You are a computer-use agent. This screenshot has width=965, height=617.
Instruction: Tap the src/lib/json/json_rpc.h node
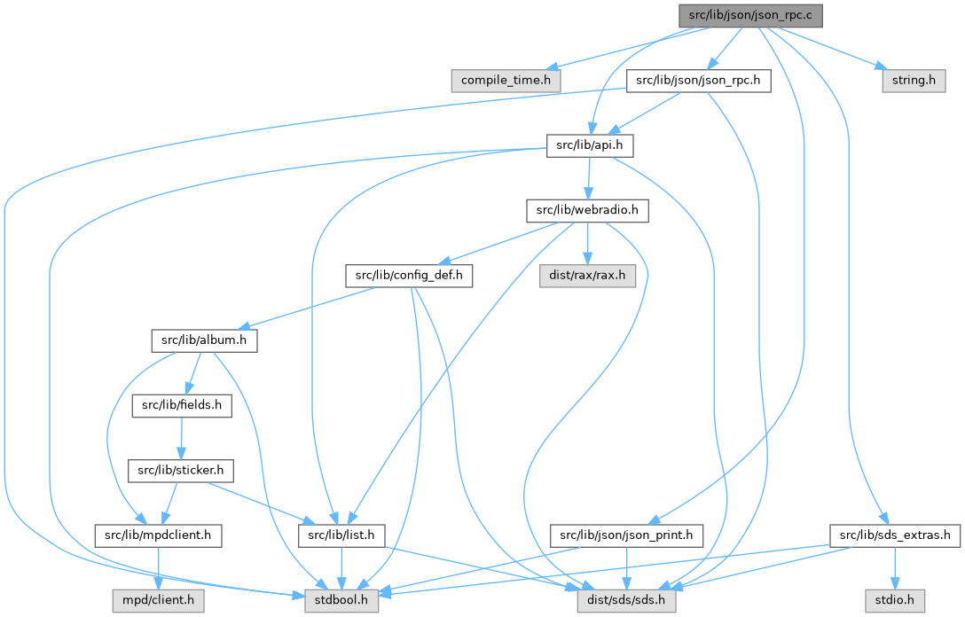pos(699,81)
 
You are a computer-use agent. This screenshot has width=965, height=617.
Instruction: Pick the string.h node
pos(914,81)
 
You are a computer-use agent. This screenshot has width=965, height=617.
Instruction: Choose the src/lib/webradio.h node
pos(588,211)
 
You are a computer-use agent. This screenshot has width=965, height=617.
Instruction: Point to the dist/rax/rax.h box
pos(587,276)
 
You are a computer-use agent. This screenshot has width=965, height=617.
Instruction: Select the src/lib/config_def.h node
pos(408,276)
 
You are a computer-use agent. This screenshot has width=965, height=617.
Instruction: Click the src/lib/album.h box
pos(203,340)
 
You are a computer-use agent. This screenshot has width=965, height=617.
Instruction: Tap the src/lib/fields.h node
pos(182,405)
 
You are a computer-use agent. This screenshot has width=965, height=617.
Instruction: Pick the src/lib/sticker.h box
pos(181,470)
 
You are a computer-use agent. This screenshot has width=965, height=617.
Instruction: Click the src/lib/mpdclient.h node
pos(158,535)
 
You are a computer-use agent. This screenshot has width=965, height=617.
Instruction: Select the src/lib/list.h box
pos(341,535)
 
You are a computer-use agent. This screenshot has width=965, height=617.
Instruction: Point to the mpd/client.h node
pos(158,600)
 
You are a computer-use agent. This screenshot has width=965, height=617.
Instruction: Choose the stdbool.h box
pos(341,600)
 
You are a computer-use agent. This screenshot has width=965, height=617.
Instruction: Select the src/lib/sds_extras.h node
pos(894,535)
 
